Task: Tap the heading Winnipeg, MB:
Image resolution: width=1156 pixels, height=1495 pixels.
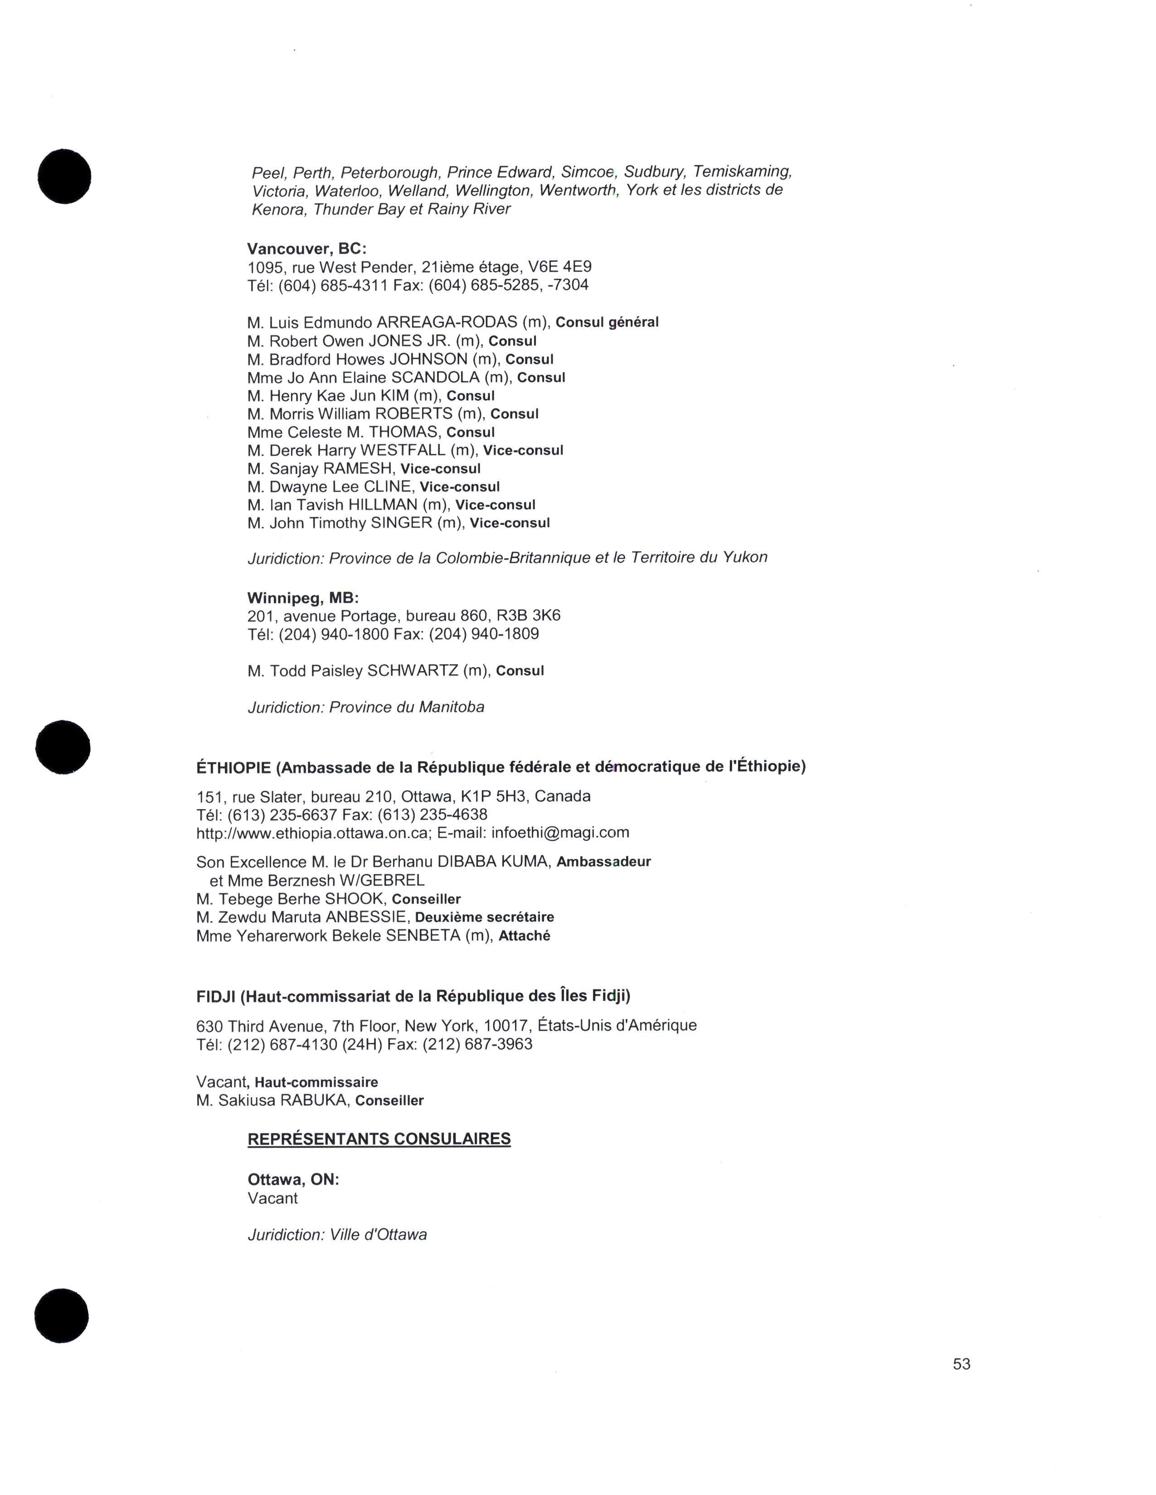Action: [x=303, y=598]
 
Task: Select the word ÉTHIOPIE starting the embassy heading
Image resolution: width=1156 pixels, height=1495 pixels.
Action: [x=233, y=767]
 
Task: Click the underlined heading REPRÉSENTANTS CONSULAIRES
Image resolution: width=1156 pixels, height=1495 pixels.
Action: [x=379, y=1138]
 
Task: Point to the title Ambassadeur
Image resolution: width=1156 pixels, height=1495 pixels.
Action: [x=603, y=862]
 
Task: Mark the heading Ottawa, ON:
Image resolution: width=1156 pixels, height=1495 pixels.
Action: [x=293, y=1179]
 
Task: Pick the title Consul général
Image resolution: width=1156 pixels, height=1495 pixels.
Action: [x=607, y=323]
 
